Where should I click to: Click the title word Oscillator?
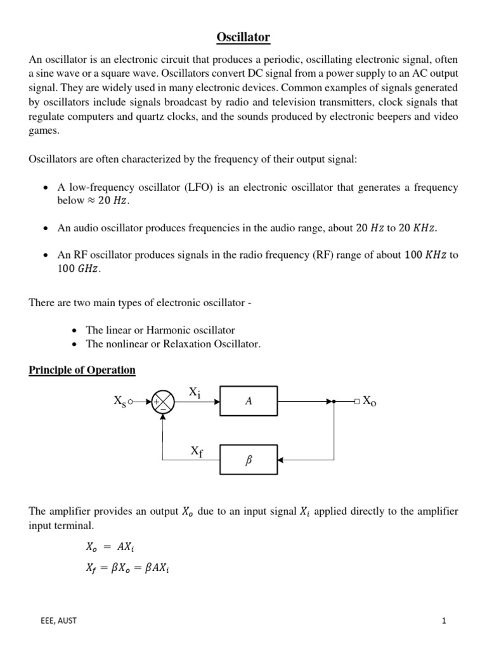pyautogui.click(x=243, y=38)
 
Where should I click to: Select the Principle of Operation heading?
pyautogui.click(x=82, y=370)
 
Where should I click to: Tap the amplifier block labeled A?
pyautogui.click(x=249, y=401)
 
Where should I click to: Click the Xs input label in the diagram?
pyautogui.click(x=120, y=401)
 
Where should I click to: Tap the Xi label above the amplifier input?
pyautogui.click(x=195, y=393)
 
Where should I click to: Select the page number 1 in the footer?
pyautogui.click(x=445, y=620)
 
